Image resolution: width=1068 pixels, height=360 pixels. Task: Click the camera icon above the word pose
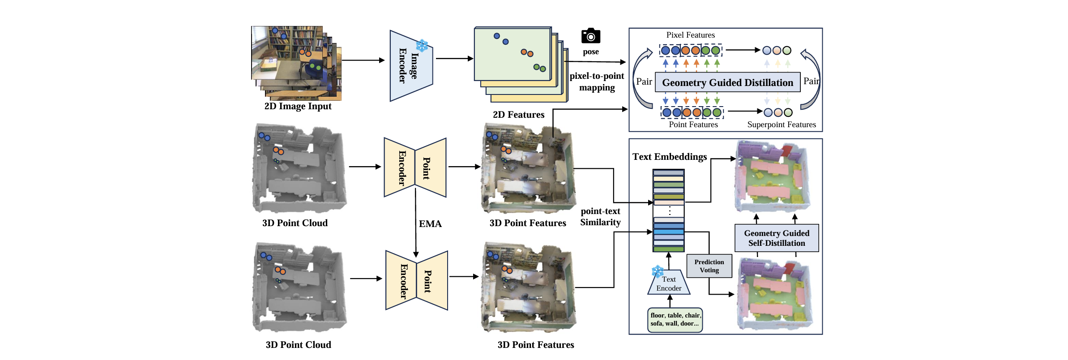tap(590, 36)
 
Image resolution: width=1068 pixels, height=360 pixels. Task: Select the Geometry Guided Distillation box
tap(727, 82)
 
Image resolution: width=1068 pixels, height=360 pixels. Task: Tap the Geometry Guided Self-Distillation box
tap(777, 238)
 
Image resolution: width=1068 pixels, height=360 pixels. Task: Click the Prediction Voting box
tap(709, 266)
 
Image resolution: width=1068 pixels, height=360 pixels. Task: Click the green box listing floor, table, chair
tap(675, 320)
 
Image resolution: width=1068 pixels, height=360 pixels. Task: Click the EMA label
tap(430, 224)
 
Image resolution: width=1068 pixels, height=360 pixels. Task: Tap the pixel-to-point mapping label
tap(597, 81)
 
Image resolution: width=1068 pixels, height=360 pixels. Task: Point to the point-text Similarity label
tap(600, 217)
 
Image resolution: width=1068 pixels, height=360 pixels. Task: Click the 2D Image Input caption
tap(298, 107)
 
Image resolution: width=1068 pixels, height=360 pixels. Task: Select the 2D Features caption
tap(518, 115)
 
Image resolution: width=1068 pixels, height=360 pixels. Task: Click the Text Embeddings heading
tap(669, 157)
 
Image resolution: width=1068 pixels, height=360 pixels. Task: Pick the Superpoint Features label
tap(782, 125)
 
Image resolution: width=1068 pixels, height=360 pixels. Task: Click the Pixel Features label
tap(690, 35)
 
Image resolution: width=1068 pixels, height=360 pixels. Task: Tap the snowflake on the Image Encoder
tap(422, 45)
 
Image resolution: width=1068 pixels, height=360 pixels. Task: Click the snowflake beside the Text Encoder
tap(658, 271)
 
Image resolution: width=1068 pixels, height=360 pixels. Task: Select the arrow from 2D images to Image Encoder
tap(363, 60)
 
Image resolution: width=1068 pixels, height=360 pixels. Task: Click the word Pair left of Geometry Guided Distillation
tap(644, 81)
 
